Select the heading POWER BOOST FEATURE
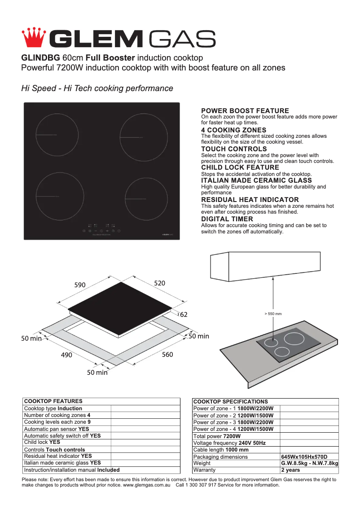coord(245,110)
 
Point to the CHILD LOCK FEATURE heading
coord(240,167)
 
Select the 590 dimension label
coord(80,285)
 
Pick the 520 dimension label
coord(159,283)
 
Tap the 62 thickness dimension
coord(184,315)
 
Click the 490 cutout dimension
coord(66,355)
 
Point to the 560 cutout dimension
coord(167,355)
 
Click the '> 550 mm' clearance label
coord(273,313)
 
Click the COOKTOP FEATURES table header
coord(53,401)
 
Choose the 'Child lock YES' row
coord(42,442)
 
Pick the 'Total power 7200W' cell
coord(217,436)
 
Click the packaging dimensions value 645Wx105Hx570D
coord(304,457)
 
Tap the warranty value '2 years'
coord(290,470)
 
